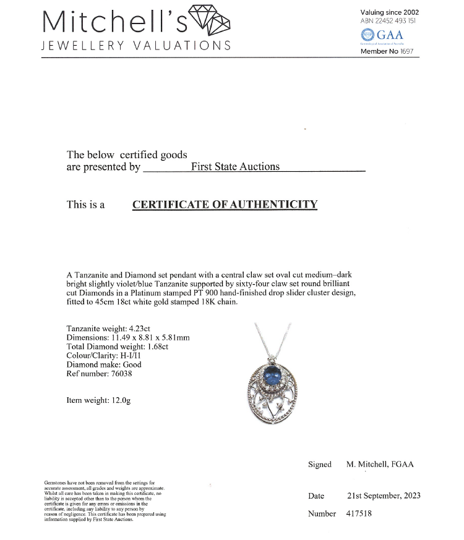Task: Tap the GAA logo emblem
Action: [x=367, y=36]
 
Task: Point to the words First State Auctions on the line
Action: [x=235, y=167]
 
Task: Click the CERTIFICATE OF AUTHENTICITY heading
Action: [x=225, y=205]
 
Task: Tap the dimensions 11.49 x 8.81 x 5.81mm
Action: [x=150, y=337]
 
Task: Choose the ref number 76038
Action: [x=119, y=373]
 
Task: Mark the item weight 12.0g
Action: [x=119, y=400]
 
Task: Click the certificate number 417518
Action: [x=359, y=513]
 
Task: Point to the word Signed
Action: [x=319, y=464]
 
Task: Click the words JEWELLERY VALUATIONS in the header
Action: [x=136, y=46]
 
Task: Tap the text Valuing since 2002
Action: [x=389, y=12]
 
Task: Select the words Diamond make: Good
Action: [x=104, y=365]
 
